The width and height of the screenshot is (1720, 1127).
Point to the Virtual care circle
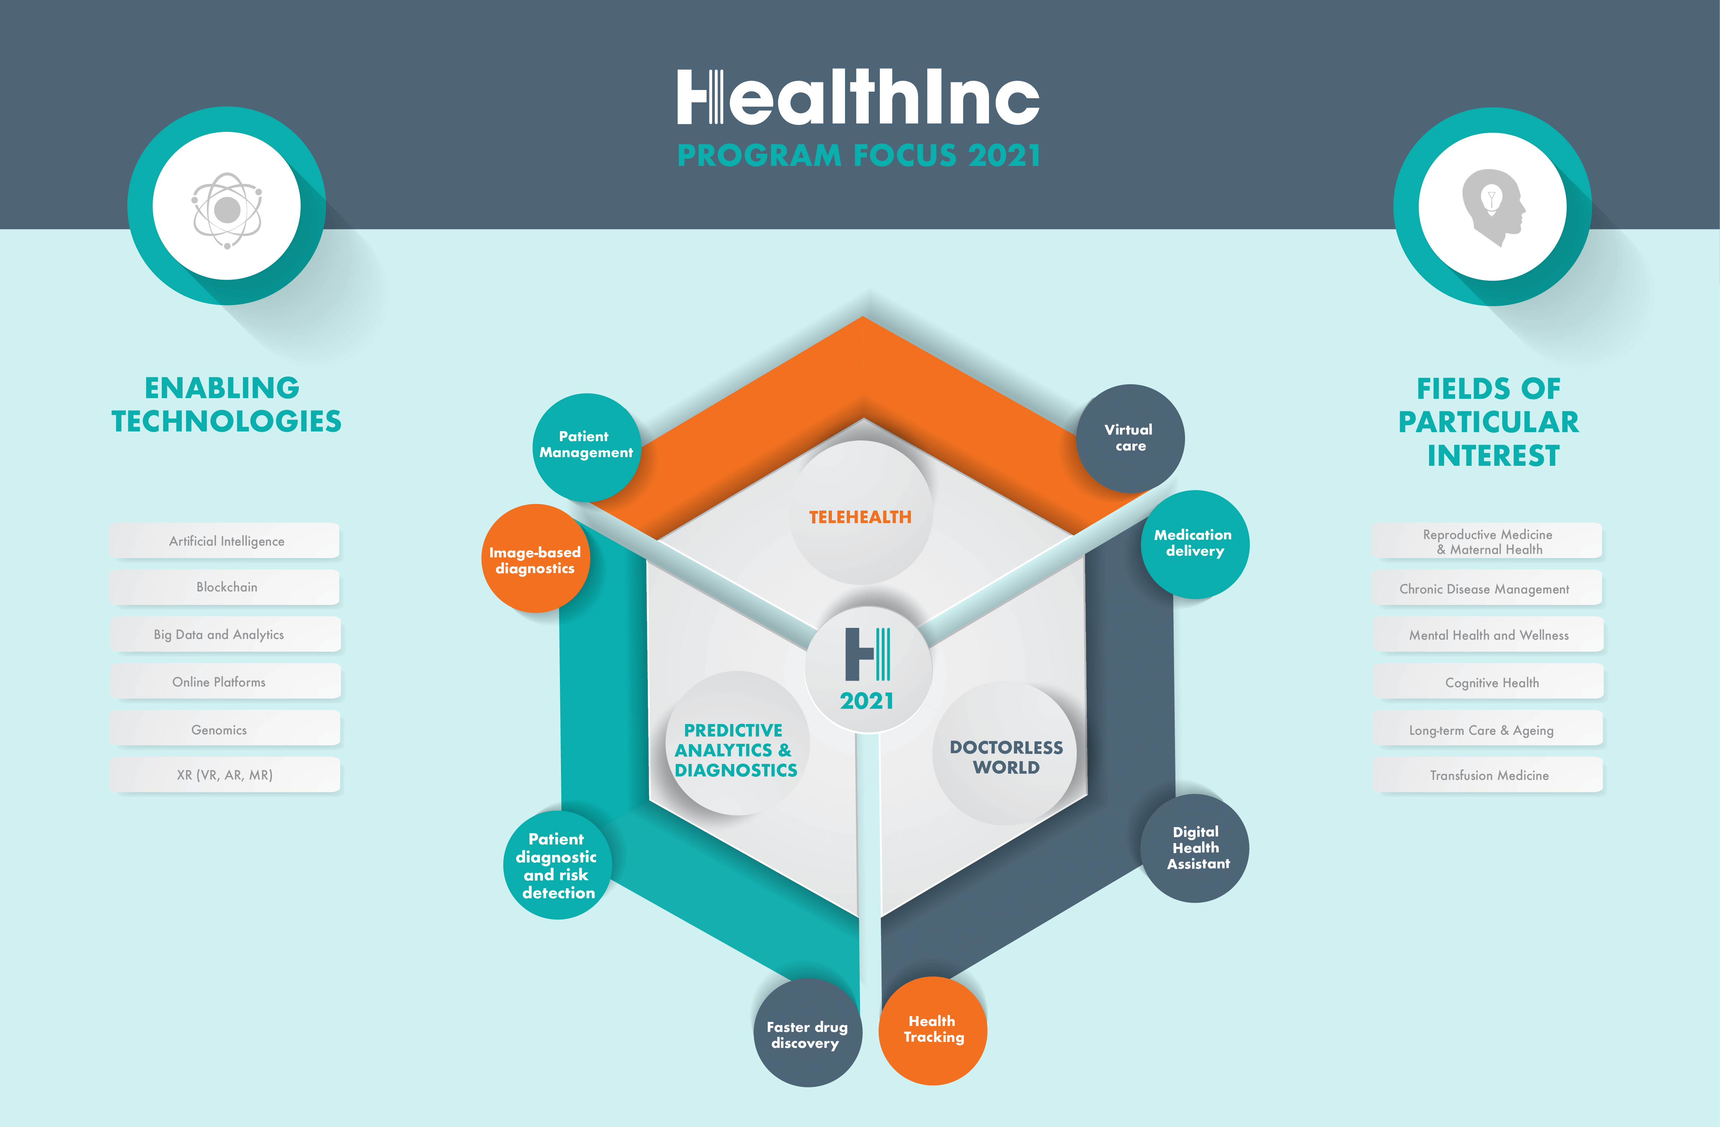click(x=1130, y=438)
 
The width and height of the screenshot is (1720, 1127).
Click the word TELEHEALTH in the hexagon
click(x=860, y=517)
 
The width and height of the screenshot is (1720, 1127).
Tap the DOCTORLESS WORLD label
click(x=1006, y=757)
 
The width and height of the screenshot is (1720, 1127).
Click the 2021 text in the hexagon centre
click(x=867, y=700)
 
